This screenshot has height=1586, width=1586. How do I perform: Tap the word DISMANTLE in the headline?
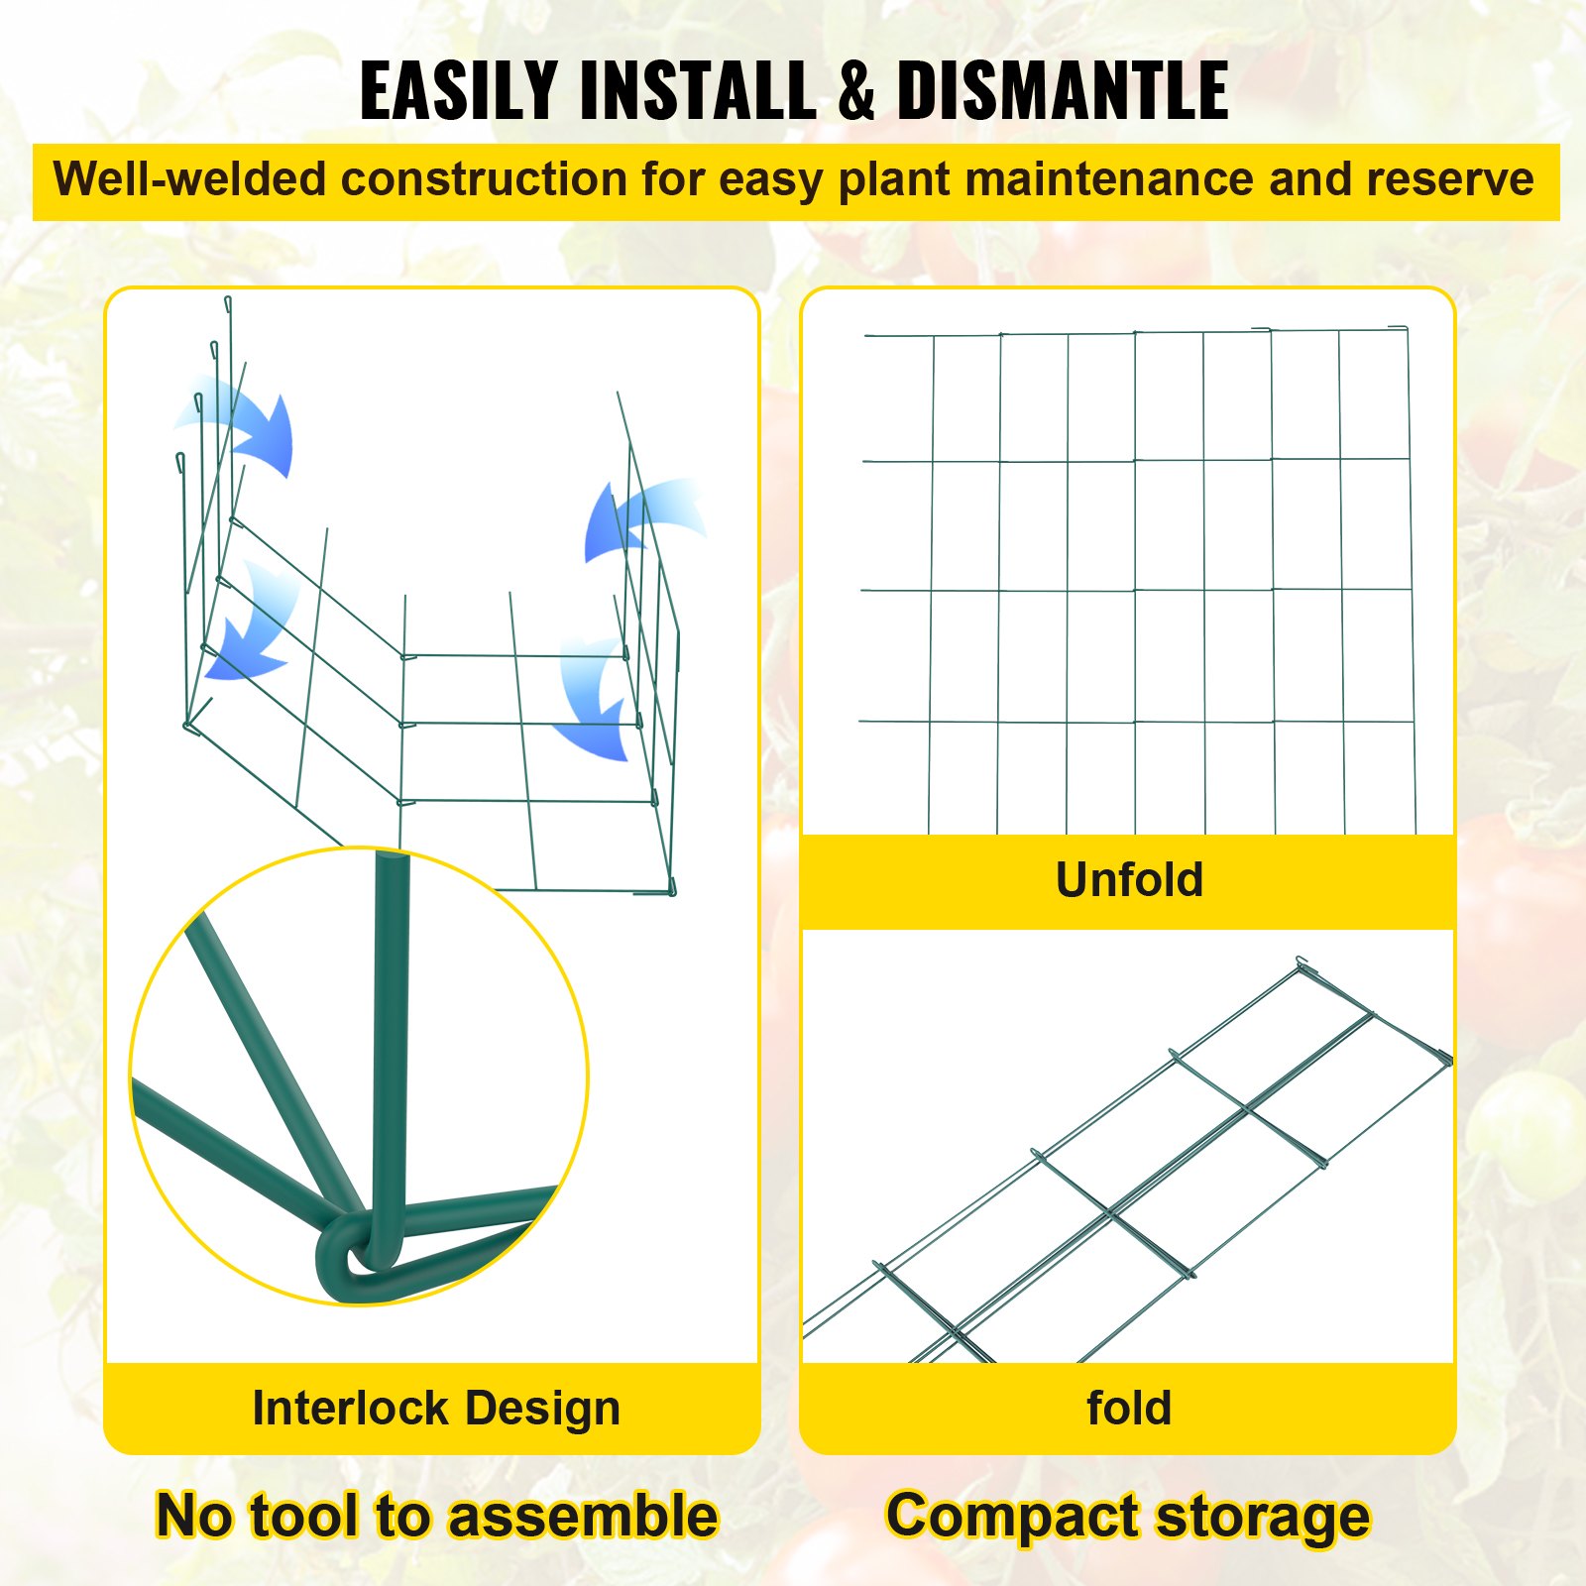point(1063,90)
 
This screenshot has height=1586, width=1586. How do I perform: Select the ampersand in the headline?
point(856,90)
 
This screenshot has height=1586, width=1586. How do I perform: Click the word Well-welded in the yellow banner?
point(189,180)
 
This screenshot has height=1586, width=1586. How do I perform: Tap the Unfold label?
point(1129,879)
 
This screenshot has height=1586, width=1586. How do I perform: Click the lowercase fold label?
point(1129,1408)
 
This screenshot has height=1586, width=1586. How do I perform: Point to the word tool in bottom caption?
point(304,1516)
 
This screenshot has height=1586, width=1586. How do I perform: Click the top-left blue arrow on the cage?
point(248,426)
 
